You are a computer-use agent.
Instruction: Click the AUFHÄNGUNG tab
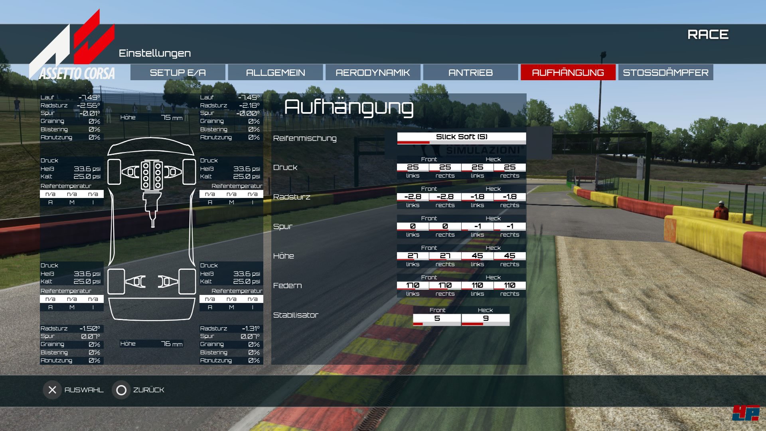pos(568,73)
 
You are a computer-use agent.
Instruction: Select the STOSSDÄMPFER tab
pos(665,73)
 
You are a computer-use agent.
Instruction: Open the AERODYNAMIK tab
pos(373,73)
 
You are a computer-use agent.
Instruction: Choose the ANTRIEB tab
pos(470,73)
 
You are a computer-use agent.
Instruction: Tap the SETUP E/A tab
pos(178,73)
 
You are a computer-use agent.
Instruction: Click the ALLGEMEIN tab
pos(275,73)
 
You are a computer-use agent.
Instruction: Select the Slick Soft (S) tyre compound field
pos(461,137)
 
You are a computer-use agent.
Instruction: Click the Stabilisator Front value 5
pos(437,318)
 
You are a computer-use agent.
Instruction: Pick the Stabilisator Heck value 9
pos(486,318)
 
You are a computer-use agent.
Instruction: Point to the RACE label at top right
pos(708,35)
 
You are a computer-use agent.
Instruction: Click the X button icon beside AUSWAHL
pos(52,390)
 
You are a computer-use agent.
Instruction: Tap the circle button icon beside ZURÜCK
pos(121,390)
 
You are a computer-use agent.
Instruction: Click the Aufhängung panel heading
pos(349,107)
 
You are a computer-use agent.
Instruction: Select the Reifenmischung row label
pos(305,138)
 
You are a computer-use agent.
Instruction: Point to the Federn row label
pos(287,286)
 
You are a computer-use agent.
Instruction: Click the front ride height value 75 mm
pos(172,117)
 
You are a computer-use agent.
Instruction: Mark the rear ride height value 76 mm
pos(172,344)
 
